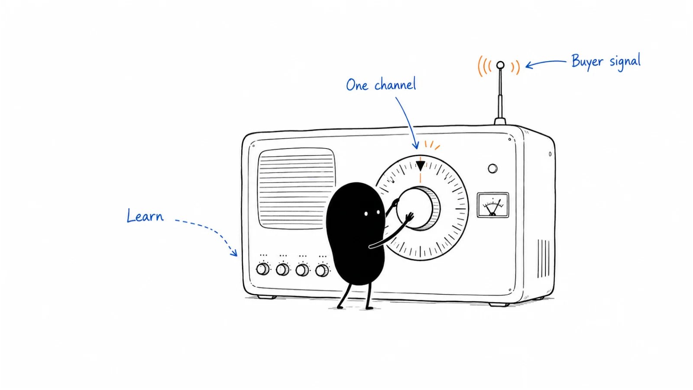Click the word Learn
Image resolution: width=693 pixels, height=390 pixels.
tap(145, 216)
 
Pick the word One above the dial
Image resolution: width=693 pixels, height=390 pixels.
tap(357, 85)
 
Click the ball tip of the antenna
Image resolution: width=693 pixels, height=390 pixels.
tap(500, 65)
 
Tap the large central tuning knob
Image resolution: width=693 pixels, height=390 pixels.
tap(418, 208)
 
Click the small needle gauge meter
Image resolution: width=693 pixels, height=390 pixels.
tap(493, 205)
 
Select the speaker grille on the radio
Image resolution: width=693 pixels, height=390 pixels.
tap(296, 188)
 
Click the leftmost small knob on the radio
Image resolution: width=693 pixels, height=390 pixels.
tap(262, 269)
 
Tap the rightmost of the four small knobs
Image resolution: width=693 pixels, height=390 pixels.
tap(322, 270)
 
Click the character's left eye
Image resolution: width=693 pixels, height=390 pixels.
tap(366, 214)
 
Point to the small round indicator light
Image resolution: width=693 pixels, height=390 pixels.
tap(492, 169)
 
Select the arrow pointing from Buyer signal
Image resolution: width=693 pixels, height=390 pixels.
tap(546, 63)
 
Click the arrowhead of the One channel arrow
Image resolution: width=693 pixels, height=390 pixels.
tap(416, 145)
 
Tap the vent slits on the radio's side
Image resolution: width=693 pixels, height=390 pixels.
tap(543, 259)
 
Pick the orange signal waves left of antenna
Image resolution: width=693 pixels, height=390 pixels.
tap(484, 66)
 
